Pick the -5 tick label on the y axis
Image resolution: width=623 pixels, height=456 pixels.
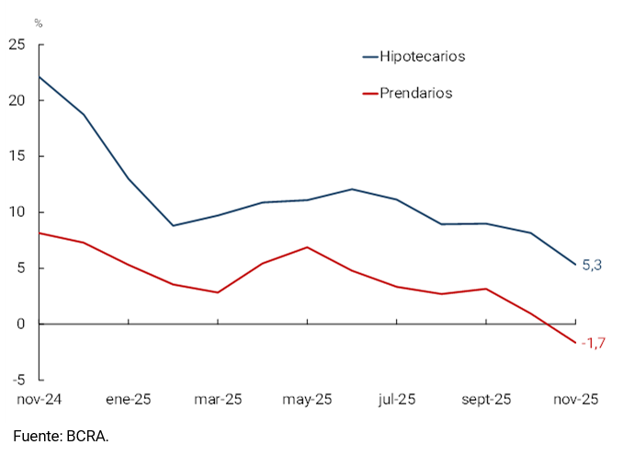tap(18, 380)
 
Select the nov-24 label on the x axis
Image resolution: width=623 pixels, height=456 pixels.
tap(40, 399)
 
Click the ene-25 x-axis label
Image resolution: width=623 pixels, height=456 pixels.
tap(128, 399)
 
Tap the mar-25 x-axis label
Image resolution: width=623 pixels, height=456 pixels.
tap(218, 399)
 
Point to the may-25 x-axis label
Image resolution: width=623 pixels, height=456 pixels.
tap(307, 399)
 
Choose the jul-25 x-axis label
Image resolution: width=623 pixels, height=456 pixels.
tap(397, 399)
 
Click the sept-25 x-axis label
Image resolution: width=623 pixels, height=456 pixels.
tap(486, 399)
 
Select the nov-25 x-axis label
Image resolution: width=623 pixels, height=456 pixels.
tap(576, 399)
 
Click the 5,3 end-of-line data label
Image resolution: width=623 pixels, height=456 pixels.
tap(593, 265)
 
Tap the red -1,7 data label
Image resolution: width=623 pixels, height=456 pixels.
tap(593, 344)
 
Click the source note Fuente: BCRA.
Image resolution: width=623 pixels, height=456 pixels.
tap(61, 435)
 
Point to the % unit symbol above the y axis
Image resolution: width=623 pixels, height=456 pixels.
tap(38, 22)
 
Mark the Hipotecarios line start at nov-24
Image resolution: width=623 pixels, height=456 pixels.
tap(39, 76)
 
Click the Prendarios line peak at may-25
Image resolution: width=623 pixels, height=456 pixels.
tap(307, 246)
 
